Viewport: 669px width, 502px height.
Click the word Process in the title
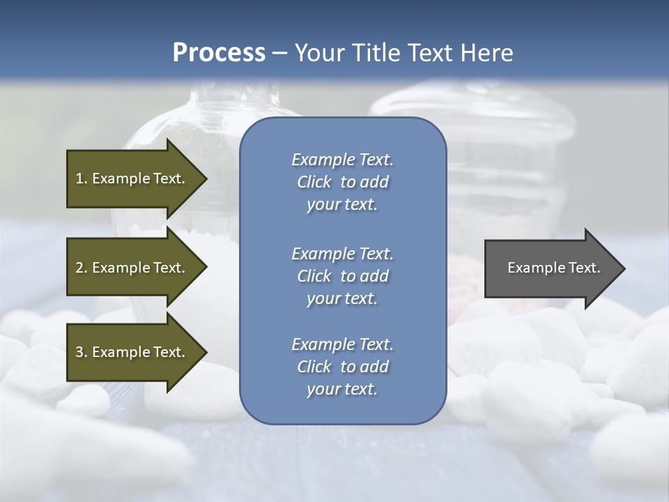coord(219,53)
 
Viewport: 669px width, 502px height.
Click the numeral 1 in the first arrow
coord(79,178)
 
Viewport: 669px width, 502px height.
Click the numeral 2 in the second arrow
coord(79,268)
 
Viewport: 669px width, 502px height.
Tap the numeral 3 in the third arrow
coord(79,352)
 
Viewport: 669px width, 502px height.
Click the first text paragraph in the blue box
coord(342,182)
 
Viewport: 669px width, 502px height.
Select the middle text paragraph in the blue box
coord(342,276)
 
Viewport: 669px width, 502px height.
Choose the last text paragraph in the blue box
coord(342,367)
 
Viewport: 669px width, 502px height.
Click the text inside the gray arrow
coord(553,268)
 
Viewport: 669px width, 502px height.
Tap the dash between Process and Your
coord(279,54)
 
